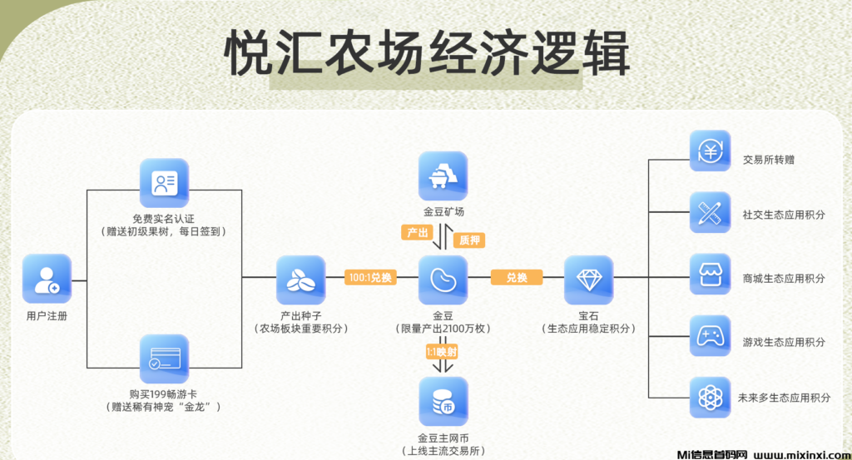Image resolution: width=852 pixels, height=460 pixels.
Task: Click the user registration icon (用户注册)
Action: coord(47,279)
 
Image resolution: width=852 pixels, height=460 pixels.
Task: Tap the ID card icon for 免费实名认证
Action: coord(164,183)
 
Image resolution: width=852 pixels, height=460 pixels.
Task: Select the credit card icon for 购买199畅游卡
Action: coord(164,359)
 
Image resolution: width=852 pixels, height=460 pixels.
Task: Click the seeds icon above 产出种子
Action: coord(300,279)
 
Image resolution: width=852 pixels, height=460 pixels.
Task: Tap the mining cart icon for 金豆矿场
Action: coord(443,176)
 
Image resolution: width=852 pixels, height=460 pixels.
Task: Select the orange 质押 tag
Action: coord(468,240)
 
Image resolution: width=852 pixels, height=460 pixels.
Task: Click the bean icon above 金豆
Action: coord(443,279)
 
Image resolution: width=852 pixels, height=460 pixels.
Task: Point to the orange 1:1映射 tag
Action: coord(443,352)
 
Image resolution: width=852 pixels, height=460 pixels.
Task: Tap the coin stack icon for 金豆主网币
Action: coord(443,402)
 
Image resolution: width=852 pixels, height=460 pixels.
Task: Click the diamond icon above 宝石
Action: coord(589,279)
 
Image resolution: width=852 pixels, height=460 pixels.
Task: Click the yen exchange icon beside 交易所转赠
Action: coord(710,151)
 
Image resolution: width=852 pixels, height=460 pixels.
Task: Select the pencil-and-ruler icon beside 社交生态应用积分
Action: coord(710,213)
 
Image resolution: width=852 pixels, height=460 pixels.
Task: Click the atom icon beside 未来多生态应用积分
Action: coord(710,398)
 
